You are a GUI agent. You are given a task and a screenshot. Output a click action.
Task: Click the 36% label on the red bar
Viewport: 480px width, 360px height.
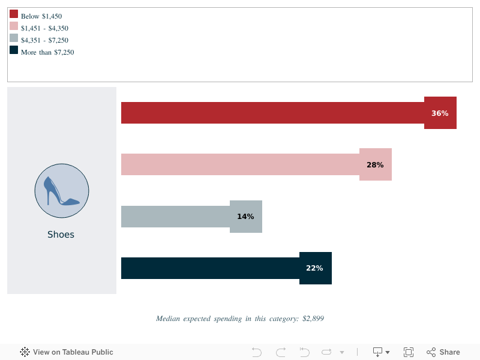point(440,113)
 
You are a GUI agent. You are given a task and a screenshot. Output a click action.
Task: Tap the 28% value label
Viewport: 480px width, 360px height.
point(375,164)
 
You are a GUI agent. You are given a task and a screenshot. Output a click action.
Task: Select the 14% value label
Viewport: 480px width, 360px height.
point(245,217)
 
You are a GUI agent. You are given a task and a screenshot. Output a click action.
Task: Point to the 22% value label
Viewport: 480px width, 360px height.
point(314,268)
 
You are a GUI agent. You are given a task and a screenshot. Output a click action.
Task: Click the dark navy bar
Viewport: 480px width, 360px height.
point(210,268)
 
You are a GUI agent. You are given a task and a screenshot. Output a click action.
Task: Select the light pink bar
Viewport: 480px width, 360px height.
point(240,164)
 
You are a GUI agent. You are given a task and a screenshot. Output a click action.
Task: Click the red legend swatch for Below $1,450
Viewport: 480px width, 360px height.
point(14,14)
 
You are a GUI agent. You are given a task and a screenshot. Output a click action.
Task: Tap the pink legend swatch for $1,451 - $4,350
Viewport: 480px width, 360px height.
point(14,26)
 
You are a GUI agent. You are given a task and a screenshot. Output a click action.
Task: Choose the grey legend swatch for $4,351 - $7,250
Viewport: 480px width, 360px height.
point(14,38)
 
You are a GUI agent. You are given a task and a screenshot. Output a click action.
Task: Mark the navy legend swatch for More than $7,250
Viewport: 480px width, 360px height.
point(14,50)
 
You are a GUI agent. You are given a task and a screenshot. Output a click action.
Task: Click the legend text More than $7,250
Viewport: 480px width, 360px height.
point(47,52)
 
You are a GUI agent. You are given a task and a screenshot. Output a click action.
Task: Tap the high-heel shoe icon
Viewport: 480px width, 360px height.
point(62,191)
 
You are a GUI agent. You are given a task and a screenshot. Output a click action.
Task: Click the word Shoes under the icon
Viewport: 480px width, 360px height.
point(61,235)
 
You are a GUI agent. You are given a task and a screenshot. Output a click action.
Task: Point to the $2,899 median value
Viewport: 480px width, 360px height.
point(313,319)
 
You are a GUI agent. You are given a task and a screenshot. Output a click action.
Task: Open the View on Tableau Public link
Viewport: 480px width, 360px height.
point(67,352)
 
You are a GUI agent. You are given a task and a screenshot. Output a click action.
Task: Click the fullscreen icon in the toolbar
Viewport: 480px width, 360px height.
point(409,352)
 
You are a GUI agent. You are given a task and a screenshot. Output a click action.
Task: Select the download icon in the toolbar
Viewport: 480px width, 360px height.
point(378,352)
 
